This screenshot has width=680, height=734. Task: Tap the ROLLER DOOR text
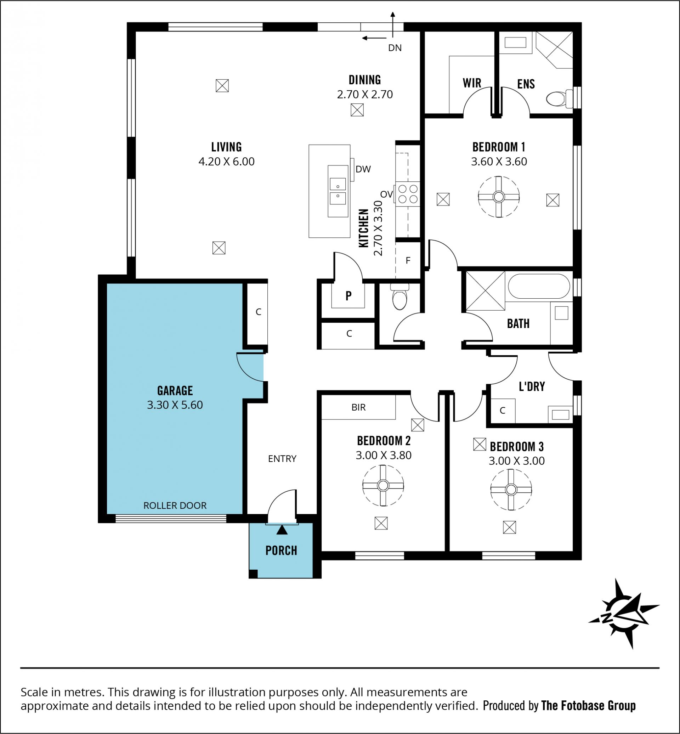tap(175, 506)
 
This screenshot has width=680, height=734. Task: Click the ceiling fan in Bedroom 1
tap(499, 197)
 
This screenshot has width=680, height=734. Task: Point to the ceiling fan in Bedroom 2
tap(383, 486)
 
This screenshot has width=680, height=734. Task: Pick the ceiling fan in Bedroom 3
tap(511, 490)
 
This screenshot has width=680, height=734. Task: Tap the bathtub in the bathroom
tap(539, 286)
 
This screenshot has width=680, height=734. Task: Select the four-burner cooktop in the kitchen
tap(408, 194)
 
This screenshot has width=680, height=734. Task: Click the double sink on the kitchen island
tap(338, 191)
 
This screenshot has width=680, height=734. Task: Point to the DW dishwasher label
tap(363, 169)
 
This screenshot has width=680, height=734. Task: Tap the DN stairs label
tap(395, 48)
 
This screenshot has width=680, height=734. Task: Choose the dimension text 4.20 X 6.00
tap(226, 161)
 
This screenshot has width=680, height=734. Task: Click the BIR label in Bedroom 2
tap(358, 407)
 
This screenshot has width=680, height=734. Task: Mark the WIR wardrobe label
tap(472, 83)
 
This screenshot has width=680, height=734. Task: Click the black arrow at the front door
tap(282, 530)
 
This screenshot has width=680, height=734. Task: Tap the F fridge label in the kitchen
tap(408, 261)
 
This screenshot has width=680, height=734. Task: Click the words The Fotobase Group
tap(589, 706)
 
